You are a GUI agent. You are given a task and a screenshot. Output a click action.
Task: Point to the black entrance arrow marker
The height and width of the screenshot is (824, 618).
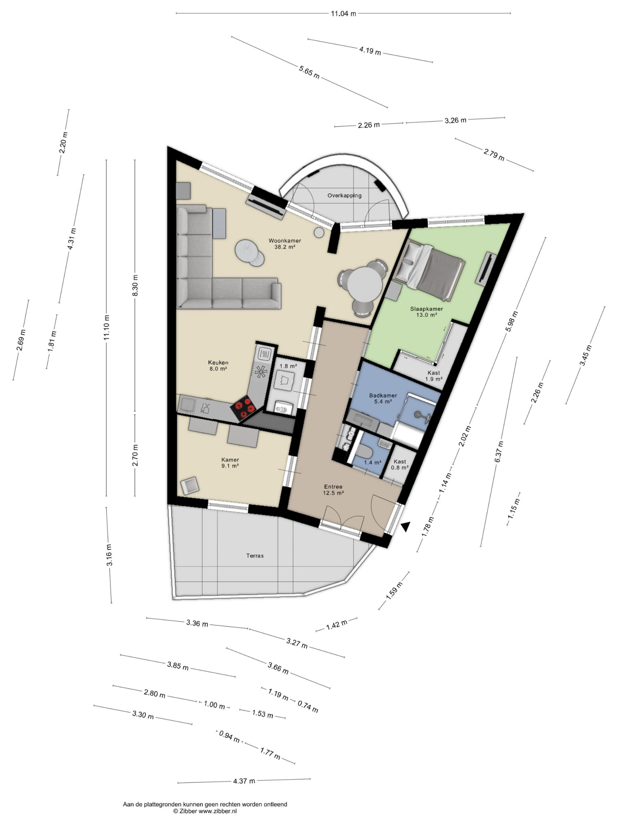coord(406,526)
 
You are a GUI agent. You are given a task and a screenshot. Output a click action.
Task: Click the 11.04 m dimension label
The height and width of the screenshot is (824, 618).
coord(343,14)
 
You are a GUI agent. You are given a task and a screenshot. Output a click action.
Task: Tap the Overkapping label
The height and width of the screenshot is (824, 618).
coord(344,195)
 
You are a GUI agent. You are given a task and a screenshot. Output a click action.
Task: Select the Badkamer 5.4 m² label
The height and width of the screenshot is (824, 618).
coord(383,398)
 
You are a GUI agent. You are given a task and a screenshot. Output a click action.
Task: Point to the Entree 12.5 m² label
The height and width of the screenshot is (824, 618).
coord(333,490)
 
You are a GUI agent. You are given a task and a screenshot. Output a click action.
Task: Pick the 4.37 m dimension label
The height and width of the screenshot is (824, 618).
coord(244,781)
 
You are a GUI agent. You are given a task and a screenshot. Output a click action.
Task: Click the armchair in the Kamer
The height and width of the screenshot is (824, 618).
coord(189,486)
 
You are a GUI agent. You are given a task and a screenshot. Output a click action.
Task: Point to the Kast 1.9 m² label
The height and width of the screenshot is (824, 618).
coord(434,376)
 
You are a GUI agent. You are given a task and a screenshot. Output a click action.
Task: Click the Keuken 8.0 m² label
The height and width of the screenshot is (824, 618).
coord(218,365)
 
